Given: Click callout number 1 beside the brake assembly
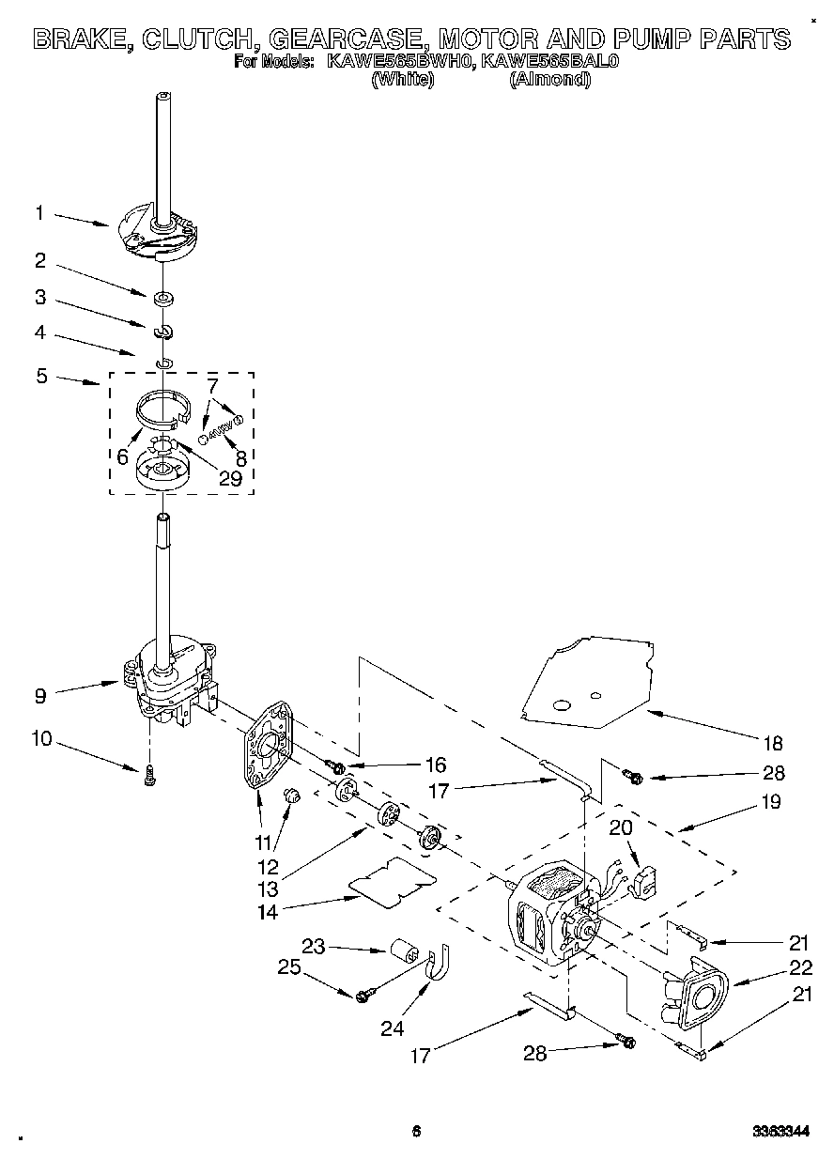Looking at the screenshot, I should pyautogui.click(x=39, y=213).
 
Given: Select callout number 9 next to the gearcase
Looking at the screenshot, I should pyautogui.click(x=39, y=696).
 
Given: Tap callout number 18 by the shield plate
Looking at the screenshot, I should pyautogui.click(x=771, y=744).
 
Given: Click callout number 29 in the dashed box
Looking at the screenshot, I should pyautogui.click(x=229, y=478).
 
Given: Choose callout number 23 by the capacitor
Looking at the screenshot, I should pyautogui.click(x=314, y=946).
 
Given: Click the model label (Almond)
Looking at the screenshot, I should pyautogui.click(x=549, y=80).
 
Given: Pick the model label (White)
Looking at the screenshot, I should pyautogui.click(x=403, y=80).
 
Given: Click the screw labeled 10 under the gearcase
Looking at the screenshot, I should pyautogui.click(x=149, y=775).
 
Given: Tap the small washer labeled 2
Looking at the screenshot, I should pyautogui.click(x=163, y=299).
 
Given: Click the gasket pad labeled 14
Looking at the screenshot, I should pyautogui.click(x=392, y=882).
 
